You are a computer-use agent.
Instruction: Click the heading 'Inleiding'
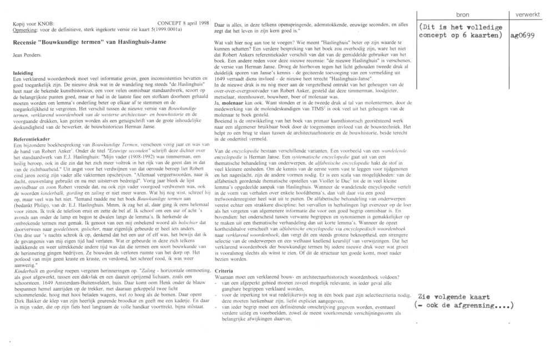tap(23, 73)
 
